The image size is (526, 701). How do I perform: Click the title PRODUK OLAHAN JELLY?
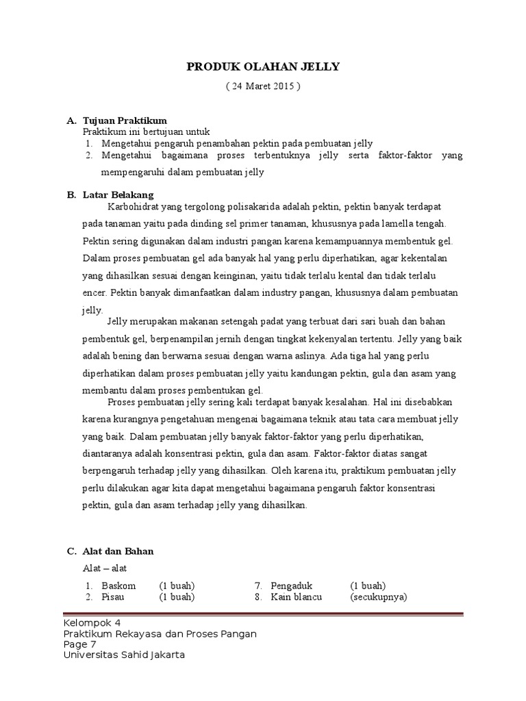tap(263, 66)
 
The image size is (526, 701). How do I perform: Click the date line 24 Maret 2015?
tap(263, 87)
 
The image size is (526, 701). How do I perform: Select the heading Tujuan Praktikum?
tap(125, 120)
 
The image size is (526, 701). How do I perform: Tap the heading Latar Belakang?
tap(118, 195)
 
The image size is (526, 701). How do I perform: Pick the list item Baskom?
tap(118, 585)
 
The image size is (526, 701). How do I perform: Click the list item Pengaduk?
tap(292, 585)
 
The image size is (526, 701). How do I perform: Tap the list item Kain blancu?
tap(296, 597)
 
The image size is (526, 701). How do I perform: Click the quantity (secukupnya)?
tap(378, 597)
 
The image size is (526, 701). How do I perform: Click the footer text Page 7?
tap(79, 644)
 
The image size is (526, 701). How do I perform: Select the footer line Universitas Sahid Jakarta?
tap(124, 655)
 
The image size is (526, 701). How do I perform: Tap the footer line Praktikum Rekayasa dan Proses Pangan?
tap(160, 634)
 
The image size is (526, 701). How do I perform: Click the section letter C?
tap(70, 551)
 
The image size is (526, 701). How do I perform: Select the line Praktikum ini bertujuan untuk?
tap(146, 131)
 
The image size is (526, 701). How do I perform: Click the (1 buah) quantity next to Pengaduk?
tap(368, 585)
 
